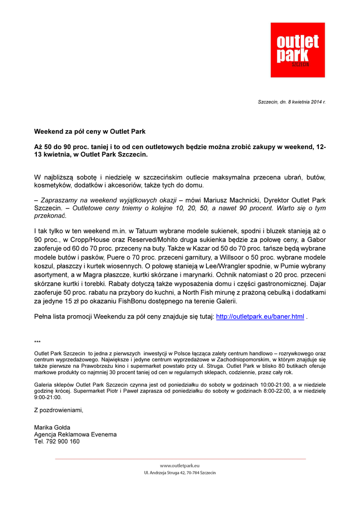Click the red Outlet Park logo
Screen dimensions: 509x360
click(297, 50)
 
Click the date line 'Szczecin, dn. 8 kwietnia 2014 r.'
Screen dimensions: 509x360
click(291, 102)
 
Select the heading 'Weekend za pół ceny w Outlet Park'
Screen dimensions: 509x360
click(90, 132)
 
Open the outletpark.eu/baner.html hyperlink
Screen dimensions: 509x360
click(260, 317)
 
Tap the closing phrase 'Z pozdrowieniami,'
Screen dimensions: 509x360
click(59, 410)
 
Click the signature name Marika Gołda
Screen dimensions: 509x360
click(52, 427)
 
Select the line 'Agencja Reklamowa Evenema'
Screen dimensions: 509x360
click(75, 434)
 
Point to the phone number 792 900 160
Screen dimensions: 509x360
click(62, 441)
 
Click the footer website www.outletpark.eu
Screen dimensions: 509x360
click(180, 466)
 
